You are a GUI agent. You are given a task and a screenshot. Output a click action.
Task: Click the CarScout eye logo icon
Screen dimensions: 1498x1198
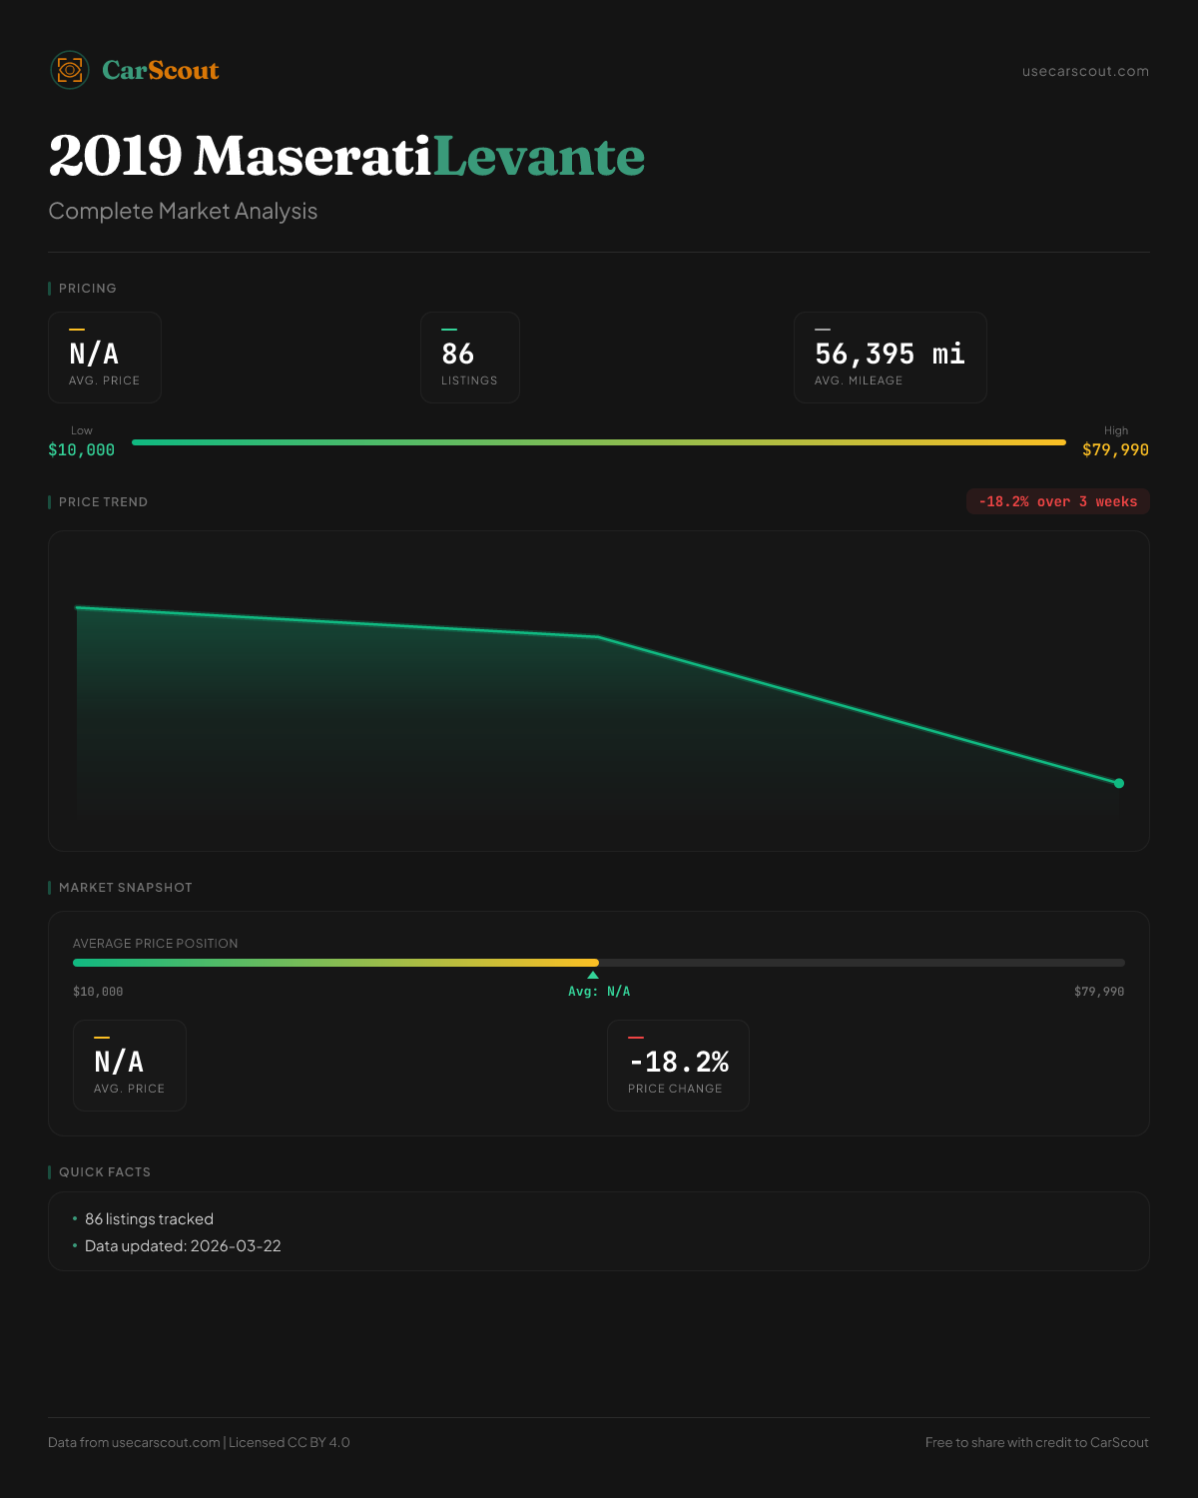pos(70,70)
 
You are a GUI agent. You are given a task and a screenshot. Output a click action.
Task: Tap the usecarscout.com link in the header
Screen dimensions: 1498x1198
pos(1085,71)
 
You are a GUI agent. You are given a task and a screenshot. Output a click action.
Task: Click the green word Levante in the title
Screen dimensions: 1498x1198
pos(539,157)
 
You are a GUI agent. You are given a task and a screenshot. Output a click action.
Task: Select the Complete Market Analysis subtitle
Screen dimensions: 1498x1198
pos(183,211)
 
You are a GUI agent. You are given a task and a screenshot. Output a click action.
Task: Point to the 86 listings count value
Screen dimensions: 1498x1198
pos(457,354)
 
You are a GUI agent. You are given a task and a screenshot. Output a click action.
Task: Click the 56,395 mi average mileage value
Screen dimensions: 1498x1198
pos(890,354)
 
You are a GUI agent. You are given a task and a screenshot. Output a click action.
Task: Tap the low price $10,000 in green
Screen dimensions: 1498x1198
pos(82,449)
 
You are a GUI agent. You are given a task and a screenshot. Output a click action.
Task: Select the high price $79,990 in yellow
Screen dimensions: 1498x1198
pos(1115,449)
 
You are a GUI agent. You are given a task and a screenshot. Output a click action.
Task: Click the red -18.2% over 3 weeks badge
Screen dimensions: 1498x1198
pos(1057,501)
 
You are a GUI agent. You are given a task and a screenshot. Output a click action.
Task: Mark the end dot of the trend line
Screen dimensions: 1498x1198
pos(1119,783)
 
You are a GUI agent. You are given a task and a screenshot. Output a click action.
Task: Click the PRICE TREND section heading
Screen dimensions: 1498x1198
pos(103,502)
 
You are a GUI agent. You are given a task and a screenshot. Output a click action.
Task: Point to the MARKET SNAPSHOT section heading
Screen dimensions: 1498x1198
pos(125,888)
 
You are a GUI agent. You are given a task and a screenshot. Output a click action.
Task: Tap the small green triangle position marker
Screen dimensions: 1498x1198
pos(593,975)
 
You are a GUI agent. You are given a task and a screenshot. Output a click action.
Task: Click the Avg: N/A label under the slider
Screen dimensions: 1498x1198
pos(599,992)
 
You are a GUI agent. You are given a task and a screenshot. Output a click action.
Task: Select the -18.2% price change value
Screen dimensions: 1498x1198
pos(679,1062)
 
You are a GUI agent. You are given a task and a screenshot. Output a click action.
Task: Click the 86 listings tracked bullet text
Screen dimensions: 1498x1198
pos(149,1219)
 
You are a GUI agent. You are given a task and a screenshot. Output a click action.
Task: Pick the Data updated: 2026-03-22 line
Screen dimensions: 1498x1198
pos(183,1246)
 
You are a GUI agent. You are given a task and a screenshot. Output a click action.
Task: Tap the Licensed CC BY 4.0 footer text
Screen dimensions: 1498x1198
pos(290,1442)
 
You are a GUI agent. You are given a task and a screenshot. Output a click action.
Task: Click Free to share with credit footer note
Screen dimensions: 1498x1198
pos(1036,1442)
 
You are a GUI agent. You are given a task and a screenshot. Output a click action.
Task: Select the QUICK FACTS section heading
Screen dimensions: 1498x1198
pos(105,1172)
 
